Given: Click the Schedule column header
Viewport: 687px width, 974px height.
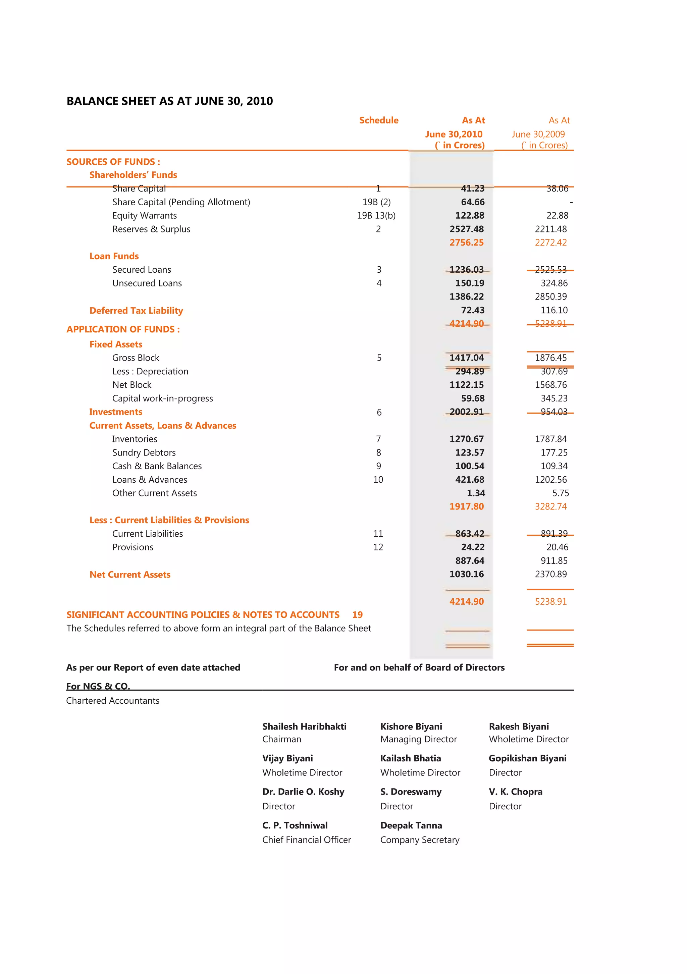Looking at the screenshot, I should point(378,120).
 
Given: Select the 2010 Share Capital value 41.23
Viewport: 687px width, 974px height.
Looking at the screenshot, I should point(472,189).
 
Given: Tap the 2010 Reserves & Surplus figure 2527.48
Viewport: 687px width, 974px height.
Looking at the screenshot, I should point(466,229).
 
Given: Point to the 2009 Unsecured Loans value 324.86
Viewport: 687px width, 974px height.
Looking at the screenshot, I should point(554,283).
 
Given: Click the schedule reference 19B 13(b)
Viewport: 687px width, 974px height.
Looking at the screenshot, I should point(376,216).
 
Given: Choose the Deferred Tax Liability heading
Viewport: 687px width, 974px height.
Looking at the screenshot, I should point(136,311).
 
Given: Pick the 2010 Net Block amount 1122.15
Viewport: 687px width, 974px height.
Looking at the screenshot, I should point(466,385).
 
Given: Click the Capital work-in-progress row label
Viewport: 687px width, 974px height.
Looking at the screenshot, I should point(162,398).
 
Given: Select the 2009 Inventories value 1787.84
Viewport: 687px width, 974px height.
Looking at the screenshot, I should point(550,439).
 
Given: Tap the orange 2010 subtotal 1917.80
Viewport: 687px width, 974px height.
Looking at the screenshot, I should point(466,506).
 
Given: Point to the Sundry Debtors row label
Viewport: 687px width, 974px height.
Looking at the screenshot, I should point(144,453).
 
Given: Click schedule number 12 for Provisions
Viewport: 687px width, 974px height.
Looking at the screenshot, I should point(378,547).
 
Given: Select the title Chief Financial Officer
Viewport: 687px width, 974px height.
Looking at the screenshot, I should point(306,840).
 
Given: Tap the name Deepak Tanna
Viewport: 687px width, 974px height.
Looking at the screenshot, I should point(411,825).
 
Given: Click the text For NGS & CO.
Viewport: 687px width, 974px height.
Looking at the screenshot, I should point(98,686).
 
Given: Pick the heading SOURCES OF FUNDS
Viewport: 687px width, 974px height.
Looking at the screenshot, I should point(113,162).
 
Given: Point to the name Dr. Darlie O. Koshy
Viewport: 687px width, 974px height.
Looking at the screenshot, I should point(303,792).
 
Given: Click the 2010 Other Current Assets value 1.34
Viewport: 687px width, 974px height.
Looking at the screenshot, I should point(476,493).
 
